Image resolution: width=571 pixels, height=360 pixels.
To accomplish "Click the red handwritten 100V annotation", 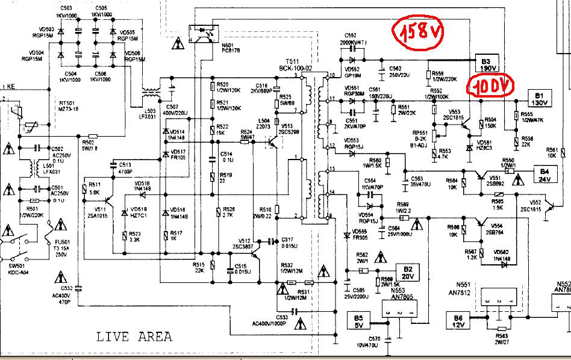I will [492, 88].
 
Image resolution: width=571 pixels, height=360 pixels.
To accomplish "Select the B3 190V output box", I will [490, 64].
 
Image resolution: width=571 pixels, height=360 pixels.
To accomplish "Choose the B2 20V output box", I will [408, 272].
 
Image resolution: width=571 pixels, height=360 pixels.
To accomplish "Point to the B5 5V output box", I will [360, 321].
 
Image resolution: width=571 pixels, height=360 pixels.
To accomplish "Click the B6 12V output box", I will [457, 321].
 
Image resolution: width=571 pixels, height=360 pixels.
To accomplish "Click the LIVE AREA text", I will [134, 337].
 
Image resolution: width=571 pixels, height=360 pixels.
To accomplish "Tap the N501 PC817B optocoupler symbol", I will [202, 33].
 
